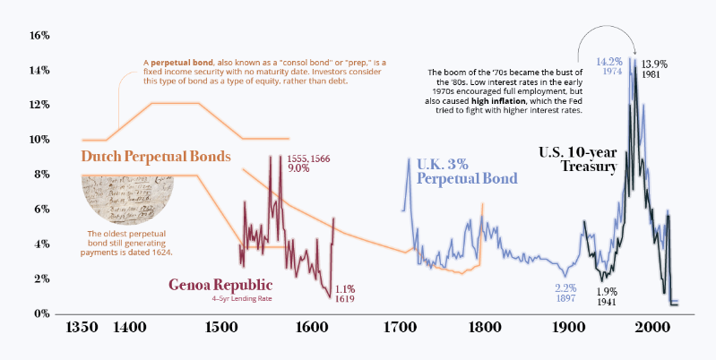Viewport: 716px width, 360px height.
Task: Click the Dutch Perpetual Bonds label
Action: (x=156, y=157)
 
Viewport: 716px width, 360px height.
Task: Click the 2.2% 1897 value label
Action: (x=565, y=294)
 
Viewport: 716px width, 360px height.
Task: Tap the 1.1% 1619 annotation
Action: (x=345, y=295)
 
